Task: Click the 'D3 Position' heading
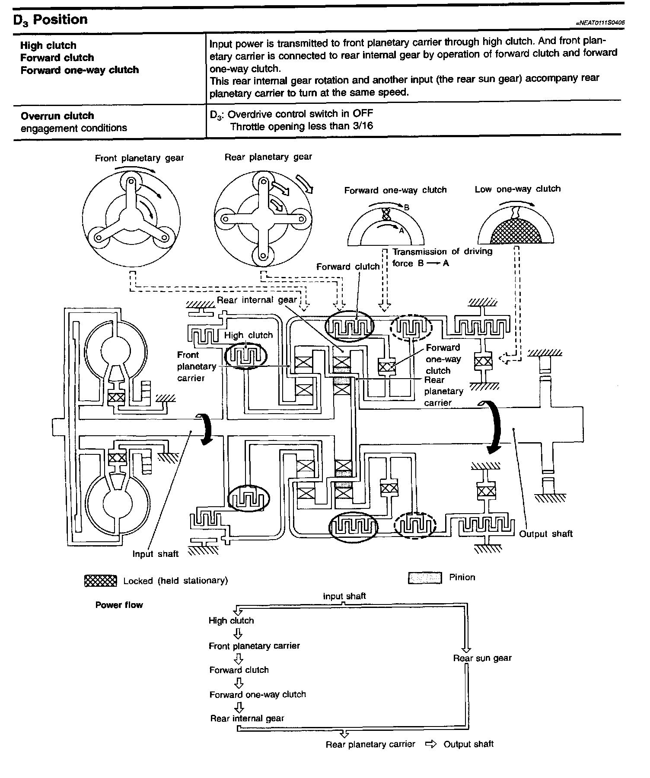(51, 19)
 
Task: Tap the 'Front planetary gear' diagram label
(139, 158)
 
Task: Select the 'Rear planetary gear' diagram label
(268, 157)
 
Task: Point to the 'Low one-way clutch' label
(517, 189)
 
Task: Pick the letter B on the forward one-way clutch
(406, 207)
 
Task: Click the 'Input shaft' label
(155, 554)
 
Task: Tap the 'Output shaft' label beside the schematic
(545, 534)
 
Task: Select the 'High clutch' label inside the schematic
(249, 335)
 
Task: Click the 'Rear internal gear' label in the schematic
(257, 300)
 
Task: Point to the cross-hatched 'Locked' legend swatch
(101, 581)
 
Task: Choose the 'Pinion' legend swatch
(425, 578)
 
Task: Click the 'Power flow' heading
(119, 605)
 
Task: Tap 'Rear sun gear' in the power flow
(482, 658)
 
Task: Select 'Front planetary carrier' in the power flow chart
(254, 646)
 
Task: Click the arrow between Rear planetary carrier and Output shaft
(431, 744)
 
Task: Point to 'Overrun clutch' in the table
(57, 116)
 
